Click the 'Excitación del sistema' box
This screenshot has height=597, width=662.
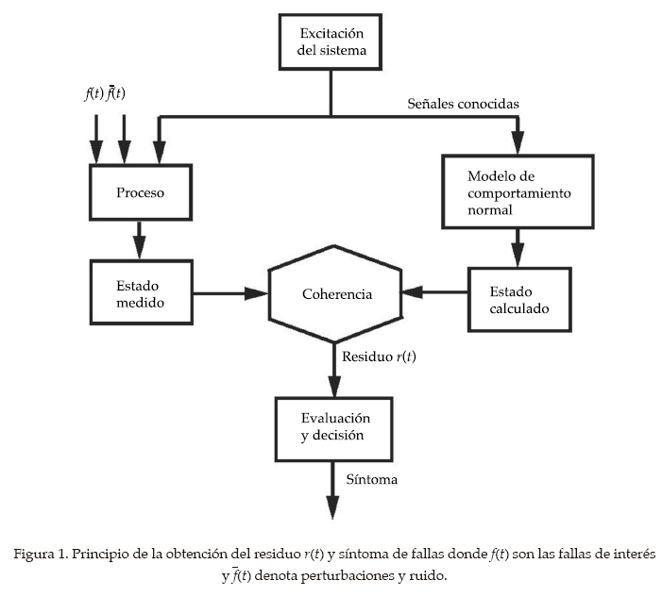(331, 42)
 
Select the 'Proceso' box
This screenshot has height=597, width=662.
(140, 193)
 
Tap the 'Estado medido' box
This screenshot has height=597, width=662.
(140, 293)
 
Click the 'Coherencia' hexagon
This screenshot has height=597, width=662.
(336, 294)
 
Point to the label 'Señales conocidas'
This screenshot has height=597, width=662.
(463, 103)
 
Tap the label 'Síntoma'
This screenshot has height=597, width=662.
(371, 480)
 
